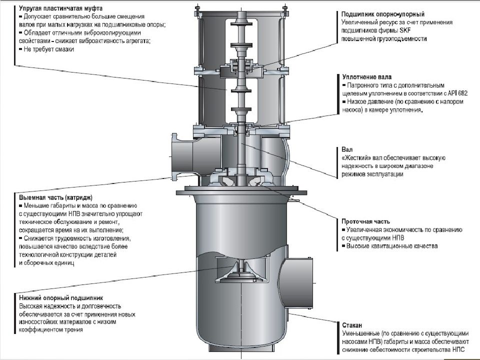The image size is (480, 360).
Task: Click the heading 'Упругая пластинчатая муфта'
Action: (x=58, y=8)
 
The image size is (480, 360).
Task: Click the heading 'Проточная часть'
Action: (x=365, y=221)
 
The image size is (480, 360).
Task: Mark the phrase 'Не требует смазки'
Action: (x=47, y=49)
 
